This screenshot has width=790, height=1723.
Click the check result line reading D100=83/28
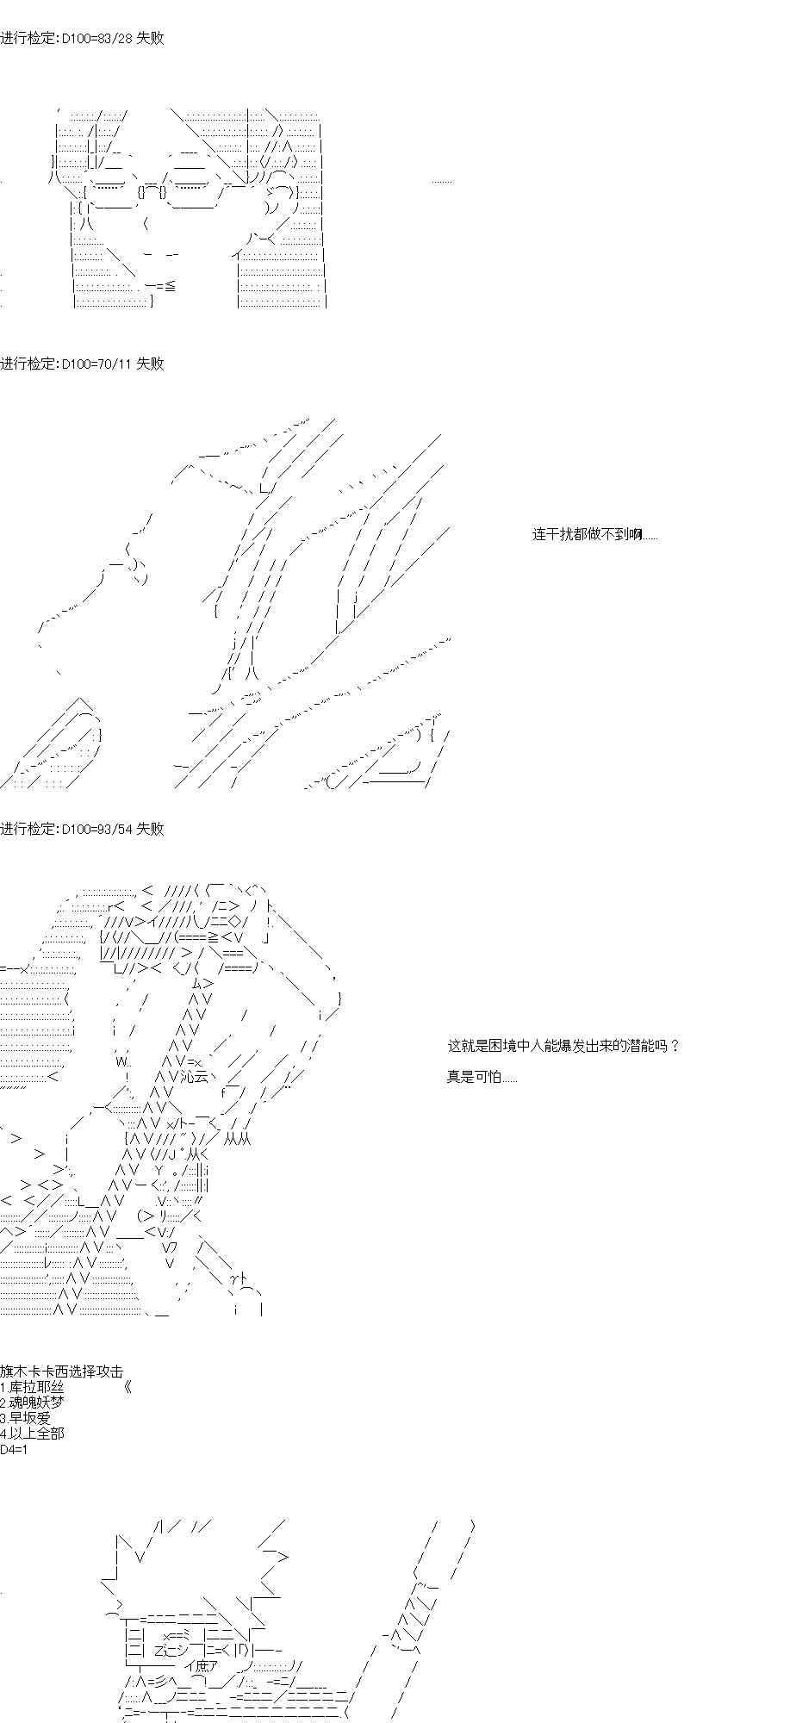coord(82,39)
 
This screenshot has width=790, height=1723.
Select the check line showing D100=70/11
coord(82,364)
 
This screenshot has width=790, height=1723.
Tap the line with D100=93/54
coord(82,829)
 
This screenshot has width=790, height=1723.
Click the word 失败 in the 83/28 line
coord(150,39)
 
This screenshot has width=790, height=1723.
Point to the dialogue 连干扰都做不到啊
coord(594,535)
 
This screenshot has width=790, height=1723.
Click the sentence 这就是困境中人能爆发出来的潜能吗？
coord(563,1046)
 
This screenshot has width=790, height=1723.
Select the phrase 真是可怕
coord(481,1077)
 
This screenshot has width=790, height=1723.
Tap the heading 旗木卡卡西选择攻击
coord(61,1372)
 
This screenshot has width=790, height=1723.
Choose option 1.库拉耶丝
coord(33,1387)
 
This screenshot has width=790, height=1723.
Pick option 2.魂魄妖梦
coord(33,1403)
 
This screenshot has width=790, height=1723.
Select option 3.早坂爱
coord(26,1418)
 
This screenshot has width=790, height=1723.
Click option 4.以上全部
coord(33,1434)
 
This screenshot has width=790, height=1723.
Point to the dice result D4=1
coord(15,1449)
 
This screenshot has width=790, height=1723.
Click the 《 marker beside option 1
coord(128,1387)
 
